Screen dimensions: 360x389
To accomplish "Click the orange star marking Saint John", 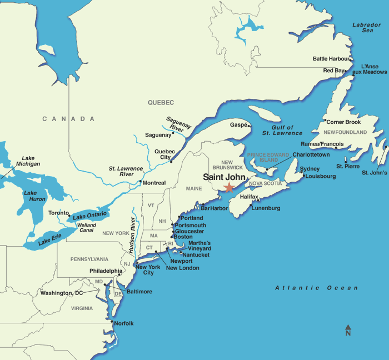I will click(x=228, y=188).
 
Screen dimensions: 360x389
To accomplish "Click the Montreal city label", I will click(x=154, y=183).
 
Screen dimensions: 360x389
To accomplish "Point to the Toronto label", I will click(x=58, y=213).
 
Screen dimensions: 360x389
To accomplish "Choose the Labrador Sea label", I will click(x=367, y=28).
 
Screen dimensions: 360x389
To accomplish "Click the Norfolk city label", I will click(x=124, y=323).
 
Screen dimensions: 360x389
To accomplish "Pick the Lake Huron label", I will click(x=34, y=197).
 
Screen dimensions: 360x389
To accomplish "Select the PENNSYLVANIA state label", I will click(x=89, y=259).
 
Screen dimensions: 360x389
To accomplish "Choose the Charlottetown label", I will click(x=311, y=155).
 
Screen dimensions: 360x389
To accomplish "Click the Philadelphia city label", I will click(x=106, y=271).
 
